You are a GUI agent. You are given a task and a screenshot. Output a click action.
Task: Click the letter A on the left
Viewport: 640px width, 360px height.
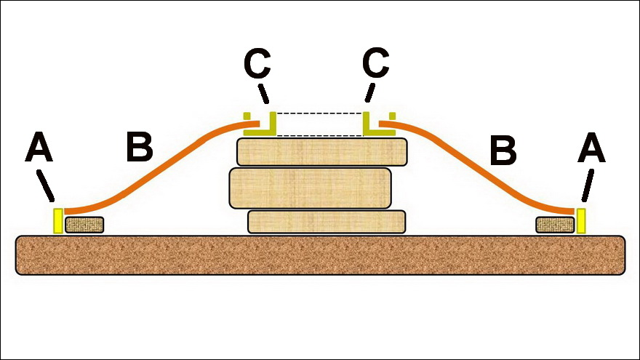39,150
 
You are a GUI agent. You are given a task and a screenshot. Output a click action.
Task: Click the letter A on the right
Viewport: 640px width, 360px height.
591,150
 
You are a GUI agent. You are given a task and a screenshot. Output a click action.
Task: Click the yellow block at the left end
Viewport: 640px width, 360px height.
58,220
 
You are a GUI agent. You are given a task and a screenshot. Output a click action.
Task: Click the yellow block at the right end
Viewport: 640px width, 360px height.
581,220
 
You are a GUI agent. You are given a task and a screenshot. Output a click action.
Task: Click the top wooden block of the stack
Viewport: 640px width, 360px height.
321,152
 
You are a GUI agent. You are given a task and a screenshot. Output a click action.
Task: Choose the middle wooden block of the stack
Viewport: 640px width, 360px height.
311,188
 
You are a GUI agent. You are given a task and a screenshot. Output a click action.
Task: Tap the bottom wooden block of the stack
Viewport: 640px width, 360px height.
326,221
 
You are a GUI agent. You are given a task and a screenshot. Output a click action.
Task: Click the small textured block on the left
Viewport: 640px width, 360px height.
84,225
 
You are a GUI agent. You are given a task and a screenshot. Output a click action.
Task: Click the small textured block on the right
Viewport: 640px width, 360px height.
555,225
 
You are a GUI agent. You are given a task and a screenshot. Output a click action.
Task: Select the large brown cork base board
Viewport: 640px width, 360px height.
320,255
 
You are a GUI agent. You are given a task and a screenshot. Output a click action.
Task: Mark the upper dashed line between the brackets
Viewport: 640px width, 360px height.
320,113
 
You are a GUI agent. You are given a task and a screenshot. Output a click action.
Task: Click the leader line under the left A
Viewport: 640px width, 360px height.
46,185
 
